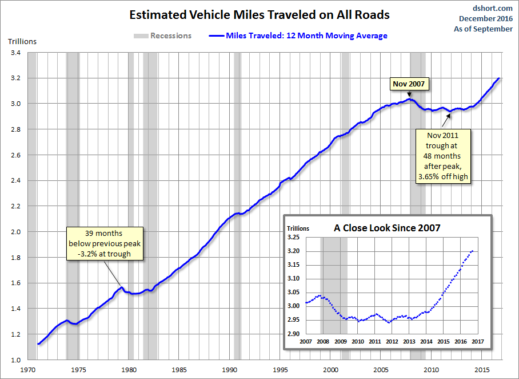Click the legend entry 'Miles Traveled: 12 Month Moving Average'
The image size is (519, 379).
pos(306,35)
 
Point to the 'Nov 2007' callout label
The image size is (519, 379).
pos(409,84)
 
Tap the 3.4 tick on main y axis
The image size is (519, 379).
pos(15,53)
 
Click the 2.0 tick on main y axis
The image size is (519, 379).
pos(15,232)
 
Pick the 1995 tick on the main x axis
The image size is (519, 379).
pos(280,369)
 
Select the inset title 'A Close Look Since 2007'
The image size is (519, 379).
pos(387,227)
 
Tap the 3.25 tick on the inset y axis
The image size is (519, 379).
pos(293,237)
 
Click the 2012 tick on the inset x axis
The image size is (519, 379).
pos(392,342)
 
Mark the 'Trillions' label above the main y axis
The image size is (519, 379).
pos(22,41)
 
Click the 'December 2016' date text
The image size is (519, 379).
pos(488,19)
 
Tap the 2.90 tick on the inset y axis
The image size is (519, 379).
pos(293,333)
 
